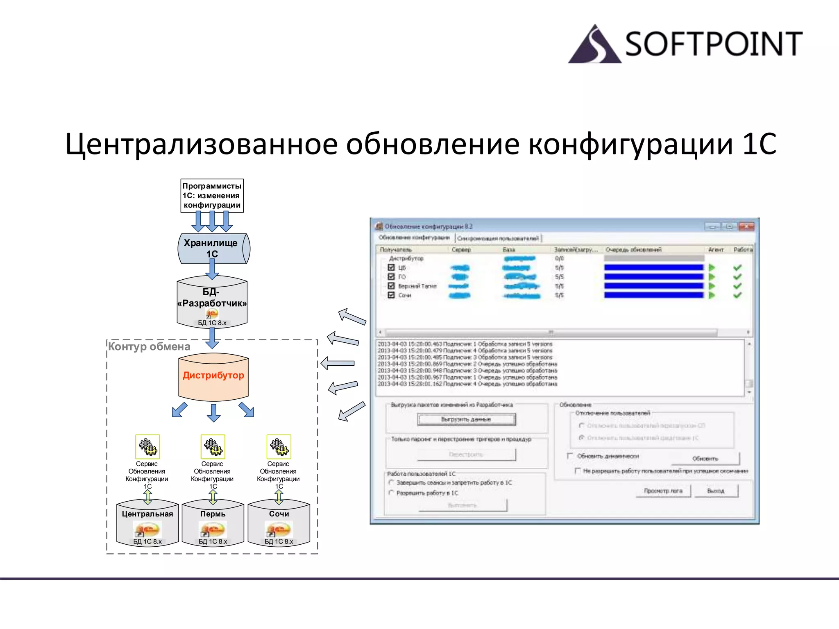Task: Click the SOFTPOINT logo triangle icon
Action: pyautogui.click(x=594, y=45)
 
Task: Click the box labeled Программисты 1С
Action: pyautogui.click(x=212, y=195)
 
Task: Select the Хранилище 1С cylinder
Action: pyautogui.click(x=213, y=249)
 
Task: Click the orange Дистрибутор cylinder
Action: pyautogui.click(x=213, y=377)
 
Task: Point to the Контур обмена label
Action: pyautogui.click(x=149, y=347)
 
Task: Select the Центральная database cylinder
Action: pyautogui.click(x=147, y=524)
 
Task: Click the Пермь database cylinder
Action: pyautogui.click(x=213, y=524)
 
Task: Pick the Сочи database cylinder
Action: pyautogui.click(x=279, y=524)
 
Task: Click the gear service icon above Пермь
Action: pyautogui.click(x=213, y=447)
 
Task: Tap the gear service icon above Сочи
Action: pyautogui.click(x=279, y=447)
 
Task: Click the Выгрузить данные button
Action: pyautogui.click(x=466, y=419)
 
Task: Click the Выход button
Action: pyautogui.click(x=716, y=491)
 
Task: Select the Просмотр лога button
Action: pyautogui.click(x=663, y=491)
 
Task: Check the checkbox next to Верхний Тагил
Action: pyautogui.click(x=391, y=286)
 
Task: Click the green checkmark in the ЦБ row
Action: pyautogui.click(x=737, y=267)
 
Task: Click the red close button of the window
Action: pyautogui.click(x=746, y=226)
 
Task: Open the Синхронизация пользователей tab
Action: pyautogui.click(x=498, y=238)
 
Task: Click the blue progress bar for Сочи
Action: pyautogui.click(x=653, y=295)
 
